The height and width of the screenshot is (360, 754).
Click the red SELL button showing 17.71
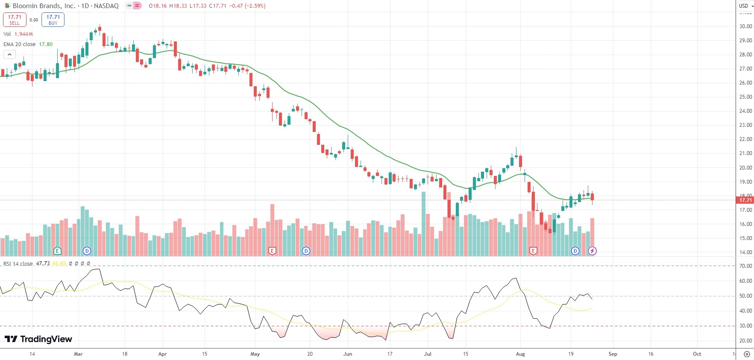click(15, 20)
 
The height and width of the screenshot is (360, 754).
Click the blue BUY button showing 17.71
click(53, 20)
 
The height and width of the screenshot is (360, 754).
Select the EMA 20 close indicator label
click(20, 44)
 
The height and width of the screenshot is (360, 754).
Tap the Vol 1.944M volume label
click(18, 34)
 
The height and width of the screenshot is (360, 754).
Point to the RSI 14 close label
click(18, 264)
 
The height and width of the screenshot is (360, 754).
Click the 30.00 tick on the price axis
click(745, 26)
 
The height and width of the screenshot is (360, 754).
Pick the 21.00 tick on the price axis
click(745, 153)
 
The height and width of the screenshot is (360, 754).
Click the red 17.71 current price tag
click(745, 200)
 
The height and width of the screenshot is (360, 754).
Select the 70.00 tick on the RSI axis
click(745, 266)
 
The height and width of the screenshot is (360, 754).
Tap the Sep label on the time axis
click(613, 354)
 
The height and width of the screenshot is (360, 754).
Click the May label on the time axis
click(255, 354)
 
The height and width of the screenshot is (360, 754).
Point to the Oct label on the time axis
click(697, 354)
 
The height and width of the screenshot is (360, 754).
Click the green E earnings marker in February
click(57, 251)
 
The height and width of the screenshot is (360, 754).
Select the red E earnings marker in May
click(272, 251)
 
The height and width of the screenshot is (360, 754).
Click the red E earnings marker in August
click(533, 251)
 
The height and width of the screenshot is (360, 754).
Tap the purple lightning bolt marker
click(592, 251)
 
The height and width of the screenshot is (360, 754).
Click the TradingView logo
click(38, 339)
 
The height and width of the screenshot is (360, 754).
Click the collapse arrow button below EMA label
click(9, 55)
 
